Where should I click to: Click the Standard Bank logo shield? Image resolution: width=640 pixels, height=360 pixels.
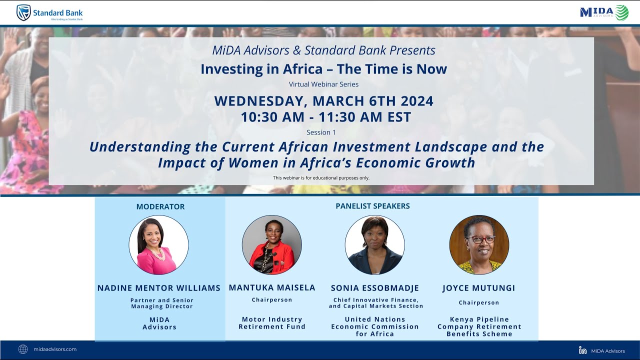(23, 12)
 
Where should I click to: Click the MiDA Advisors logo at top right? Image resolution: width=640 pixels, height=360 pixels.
(604, 12)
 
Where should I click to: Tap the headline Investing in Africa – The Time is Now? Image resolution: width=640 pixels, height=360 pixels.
(323, 69)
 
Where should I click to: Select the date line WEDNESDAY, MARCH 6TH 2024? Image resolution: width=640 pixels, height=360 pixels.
(323, 101)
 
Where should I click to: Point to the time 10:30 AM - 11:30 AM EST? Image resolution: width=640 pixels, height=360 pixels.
(325, 117)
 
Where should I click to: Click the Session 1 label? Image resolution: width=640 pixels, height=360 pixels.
(321, 132)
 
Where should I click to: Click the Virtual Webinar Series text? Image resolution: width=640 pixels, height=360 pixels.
(323, 84)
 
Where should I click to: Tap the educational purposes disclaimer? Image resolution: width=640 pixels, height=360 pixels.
(321, 178)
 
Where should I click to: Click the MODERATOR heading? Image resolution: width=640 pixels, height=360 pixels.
(160, 206)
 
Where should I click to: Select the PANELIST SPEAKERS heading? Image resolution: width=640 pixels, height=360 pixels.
(372, 206)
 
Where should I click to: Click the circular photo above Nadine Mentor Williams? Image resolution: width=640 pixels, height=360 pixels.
(158, 245)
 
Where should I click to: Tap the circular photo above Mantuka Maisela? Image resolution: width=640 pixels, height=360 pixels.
(271, 245)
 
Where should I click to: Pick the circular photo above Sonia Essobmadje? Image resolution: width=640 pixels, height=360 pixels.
(374, 245)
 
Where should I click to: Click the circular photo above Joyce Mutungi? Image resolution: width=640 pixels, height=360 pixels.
(479, 245)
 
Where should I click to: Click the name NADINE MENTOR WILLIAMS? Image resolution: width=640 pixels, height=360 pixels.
(159, 288)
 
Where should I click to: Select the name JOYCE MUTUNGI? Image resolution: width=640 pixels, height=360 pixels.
(478, 288)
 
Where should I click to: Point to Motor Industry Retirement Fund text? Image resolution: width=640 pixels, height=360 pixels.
(272, 323)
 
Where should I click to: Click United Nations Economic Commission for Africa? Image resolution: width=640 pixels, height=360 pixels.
(375, 326)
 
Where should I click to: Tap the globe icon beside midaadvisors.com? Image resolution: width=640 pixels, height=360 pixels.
(23, 349)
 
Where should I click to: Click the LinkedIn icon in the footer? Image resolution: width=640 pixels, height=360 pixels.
(582, 350)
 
